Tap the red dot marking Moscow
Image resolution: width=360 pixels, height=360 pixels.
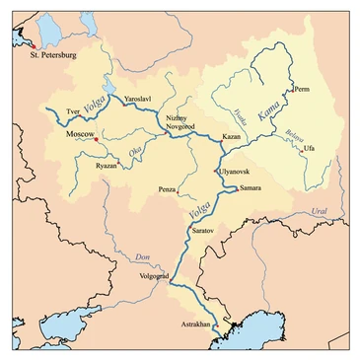pyautogui.click(x=95, y=140)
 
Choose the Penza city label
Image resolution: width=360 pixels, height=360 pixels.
pyautogui.click(x=168, y=187)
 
